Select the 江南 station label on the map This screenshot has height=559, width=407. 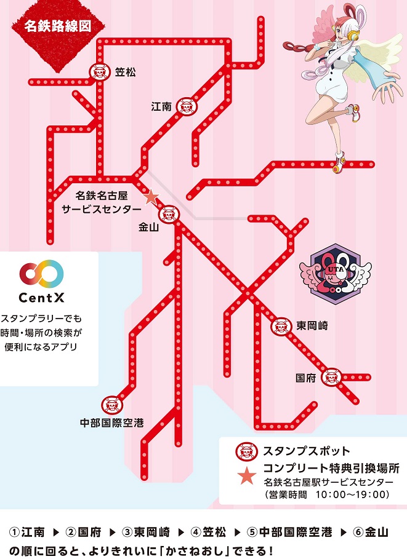pos(161,106)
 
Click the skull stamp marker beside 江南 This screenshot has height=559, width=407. pos(185,106)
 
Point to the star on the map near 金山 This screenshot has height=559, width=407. pos(150,197)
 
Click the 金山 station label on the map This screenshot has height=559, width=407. pos(150,227)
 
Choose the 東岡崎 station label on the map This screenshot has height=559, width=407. pos(311,325)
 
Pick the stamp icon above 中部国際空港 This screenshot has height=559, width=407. pos(111,405)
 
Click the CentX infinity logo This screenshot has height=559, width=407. pos(41,272)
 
